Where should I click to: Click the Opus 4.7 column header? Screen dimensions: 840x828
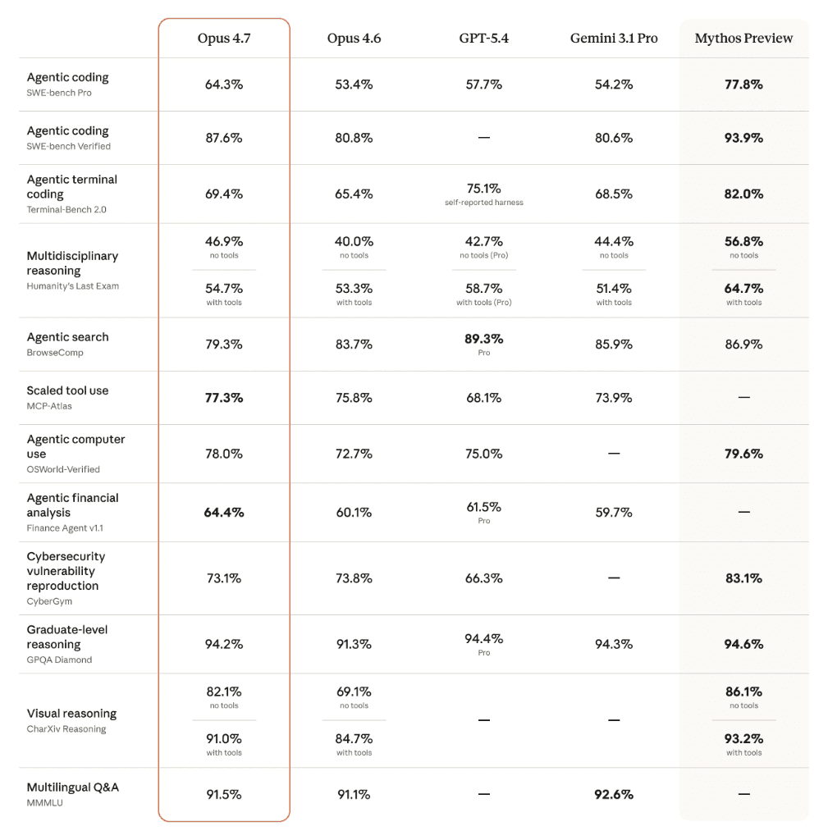[x=224, y=39]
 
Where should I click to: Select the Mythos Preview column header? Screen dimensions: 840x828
[x=743, y=39]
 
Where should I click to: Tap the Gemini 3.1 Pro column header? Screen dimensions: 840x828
[x=614, y=39]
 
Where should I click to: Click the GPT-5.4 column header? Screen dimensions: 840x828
[x=483, y=39]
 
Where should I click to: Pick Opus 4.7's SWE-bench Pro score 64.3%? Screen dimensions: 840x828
[x=224, y=84]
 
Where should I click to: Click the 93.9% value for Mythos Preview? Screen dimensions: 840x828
[x=743, y=138]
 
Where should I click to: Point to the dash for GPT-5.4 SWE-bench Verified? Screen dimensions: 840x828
[x=483, y=138]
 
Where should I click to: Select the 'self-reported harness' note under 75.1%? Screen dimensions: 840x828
[x=483, y=203]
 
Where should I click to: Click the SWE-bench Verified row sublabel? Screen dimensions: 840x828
[x=68, y=146]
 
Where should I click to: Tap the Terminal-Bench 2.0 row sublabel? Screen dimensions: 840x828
[x=66, y=209]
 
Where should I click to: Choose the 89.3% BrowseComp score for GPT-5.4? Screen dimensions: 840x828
[x=483, y=339]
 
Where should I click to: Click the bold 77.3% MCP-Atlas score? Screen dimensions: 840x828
[x=224, y=398]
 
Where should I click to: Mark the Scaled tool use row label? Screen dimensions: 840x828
[x=67, y=390]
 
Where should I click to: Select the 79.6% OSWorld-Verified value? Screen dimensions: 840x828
[x=743, y=454]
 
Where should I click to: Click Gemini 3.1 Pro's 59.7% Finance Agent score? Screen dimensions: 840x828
[x=614, y=513]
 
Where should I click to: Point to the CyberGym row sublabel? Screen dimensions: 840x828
[x=49, y=601]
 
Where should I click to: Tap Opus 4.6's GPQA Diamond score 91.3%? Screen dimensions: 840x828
[x=354, y=645]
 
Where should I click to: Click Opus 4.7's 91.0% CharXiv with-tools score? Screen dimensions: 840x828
[x=224, y=739]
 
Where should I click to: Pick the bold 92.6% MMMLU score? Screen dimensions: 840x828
[x=614, y=794]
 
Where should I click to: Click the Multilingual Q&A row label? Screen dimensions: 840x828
[x=72, y=787]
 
